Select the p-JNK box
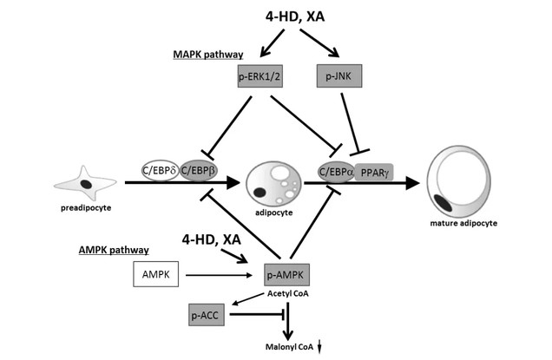click(339, 78)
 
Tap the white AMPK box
click(156, 277)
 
